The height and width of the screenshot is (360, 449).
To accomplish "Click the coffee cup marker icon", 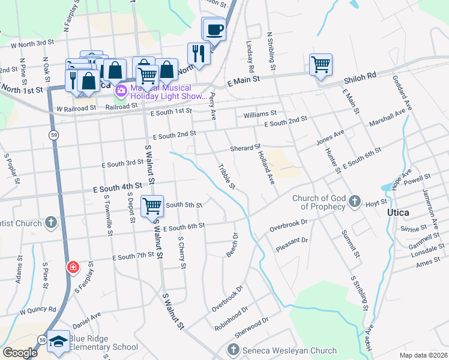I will point(214,29).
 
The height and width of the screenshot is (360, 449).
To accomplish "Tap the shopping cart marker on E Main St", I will point(321,64).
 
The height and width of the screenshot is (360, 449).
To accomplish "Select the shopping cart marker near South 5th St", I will point(152,206).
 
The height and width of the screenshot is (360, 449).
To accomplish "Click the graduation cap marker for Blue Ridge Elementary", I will point(58,341).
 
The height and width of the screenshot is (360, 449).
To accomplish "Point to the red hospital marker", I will point(73,267).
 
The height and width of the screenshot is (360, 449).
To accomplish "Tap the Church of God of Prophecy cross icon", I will point(355,202).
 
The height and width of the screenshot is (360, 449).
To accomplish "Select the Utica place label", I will point(399,213).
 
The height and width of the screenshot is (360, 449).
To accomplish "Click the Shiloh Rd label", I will point(360,76).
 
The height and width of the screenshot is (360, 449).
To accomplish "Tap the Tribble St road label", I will point(227,176).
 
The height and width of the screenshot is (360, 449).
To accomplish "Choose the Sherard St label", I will point(245,148).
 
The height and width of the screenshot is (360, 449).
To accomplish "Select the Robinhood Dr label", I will point(231,319).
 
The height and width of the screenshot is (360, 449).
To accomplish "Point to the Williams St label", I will point(259,113).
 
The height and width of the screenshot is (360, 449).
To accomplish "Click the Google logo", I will point(20,353).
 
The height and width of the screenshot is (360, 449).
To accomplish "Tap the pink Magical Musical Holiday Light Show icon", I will point(121,91).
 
